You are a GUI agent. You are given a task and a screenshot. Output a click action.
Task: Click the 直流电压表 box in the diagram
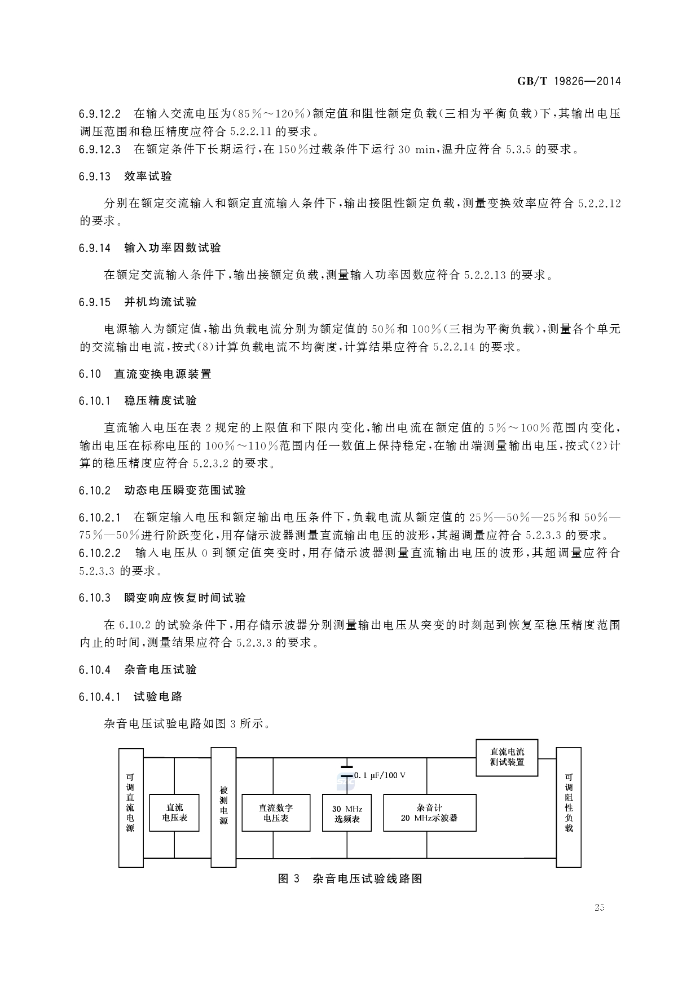tap(174, 813)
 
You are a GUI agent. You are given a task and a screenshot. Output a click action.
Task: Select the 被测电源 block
tap(223, 807)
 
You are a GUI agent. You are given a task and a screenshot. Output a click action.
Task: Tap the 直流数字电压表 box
tap(276, 813)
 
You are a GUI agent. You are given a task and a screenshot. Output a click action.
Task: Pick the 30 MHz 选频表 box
tap(347, 813)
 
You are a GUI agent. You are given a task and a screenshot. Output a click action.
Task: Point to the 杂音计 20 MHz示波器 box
tap(429, 813)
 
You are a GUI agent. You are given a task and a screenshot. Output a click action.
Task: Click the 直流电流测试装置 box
tap(507, 757)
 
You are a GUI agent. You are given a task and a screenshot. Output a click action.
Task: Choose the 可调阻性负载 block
tap(569, 807)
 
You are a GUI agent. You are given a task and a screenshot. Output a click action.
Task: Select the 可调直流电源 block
tap(130, 807)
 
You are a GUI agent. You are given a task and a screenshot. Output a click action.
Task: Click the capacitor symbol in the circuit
tap(347, 771)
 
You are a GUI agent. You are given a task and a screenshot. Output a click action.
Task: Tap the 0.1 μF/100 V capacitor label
tap(380, 775)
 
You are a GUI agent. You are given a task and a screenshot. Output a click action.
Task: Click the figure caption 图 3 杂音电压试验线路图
tap(350, 878)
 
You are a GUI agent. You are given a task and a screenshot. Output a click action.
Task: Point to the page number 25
tap(599, 907)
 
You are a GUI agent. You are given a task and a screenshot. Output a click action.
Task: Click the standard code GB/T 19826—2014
tap(569, 81)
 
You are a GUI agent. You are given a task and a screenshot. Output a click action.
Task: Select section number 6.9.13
tap(95, 176)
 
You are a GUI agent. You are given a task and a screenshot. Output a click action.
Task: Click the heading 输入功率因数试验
tap(173, 248)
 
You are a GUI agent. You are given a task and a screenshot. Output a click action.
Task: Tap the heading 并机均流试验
tap(160, 302)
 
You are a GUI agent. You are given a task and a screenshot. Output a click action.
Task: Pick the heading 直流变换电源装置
tap(162, 374)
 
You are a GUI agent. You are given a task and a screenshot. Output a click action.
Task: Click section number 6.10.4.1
tap(100, 697)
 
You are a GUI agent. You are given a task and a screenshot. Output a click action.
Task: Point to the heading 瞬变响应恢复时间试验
tap(185, 598)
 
